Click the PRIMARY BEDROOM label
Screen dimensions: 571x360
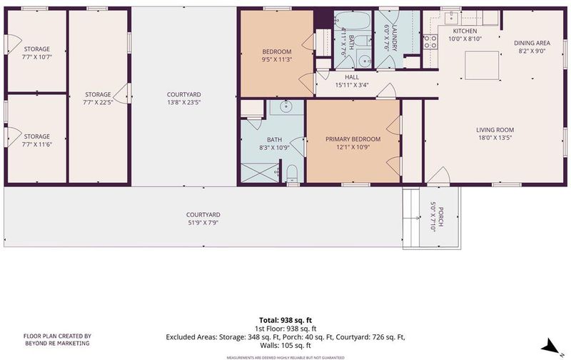pyautogui.click(x=353, y=139)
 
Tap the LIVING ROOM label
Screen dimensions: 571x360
pyautogui.click(x=495, y=130)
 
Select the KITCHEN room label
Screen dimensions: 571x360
pyautogui.click(x=465, y=31)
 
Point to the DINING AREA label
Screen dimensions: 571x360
pyautogui.click(x=532, y=43)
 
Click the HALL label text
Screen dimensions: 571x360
pyautogui.click(x=352, y=77)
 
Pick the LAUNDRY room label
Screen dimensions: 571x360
pyautogui.click(x=395, y=39)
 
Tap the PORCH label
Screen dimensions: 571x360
pyautogui.click(x=440, y=217)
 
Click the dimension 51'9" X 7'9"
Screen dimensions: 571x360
pyautogui.click(x=203, y=223)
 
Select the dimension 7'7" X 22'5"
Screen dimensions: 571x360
pyautogui.click(x=98, y=102)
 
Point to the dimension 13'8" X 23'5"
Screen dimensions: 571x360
pyautogui.click(x=184, y=102)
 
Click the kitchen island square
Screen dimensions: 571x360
pyautogui.click(x=482, y=65)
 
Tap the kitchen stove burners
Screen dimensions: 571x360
pyautogui.click(x=430, y=41)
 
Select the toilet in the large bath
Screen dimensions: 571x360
pyautogui.click(x=292, y=174)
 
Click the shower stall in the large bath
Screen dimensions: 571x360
pyautogui.click(x=260, y=173)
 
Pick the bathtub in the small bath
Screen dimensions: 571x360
pyautogui.click(x=353, y=20)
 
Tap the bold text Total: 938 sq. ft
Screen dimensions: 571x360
pyautogui.click(x=285, y=320)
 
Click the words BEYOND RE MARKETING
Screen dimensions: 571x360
pyautogui.click(x=57, y=344)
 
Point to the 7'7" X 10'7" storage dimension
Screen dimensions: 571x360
pyautogui.click(x=37, y=57)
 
